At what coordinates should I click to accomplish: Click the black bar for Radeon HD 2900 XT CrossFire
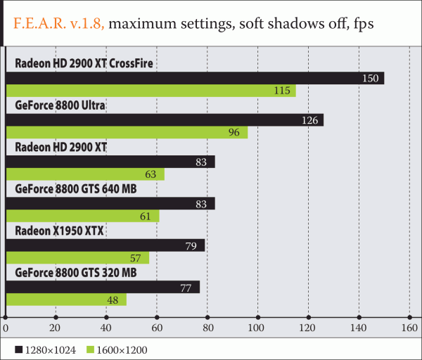pyautogui.click(x=194, y=77)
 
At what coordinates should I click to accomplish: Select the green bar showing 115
pyautogui.click(x=151, y=91)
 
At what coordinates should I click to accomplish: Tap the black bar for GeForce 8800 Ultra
pyautogui.click(x=164, y=120)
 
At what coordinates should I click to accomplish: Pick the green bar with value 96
pyautogui.click(x=127, y=132)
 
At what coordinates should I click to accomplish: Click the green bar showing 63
pyautogui.click(x=84, y=174)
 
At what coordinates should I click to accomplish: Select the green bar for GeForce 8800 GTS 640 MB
pyautogui.click(x=82, y=216)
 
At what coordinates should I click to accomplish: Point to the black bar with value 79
pyautogui.click(x=105, y=245)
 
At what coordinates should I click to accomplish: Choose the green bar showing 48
pyautogui.click(x=65, y=300)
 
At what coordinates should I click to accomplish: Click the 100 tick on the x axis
pyautogui.click(x=258, y=328)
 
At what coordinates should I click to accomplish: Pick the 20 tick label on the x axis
pyautogui.click(x=56, y=328)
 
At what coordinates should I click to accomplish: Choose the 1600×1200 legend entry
pyautogui.click(x=120, y=349)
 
